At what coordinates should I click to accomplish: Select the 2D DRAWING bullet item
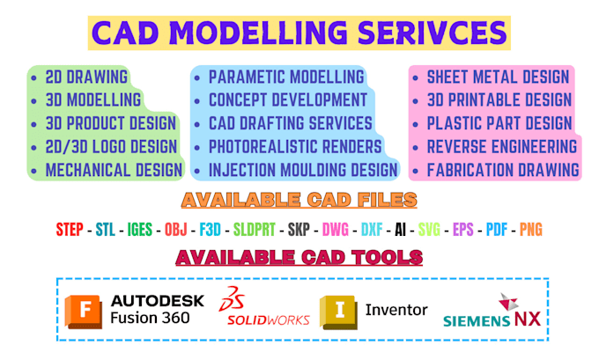tap(86, 77)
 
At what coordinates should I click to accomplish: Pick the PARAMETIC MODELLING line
tap(286, 77)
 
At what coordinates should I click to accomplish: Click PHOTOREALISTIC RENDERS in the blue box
tap(295, 146)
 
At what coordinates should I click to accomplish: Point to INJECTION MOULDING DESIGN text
tap(302, 169)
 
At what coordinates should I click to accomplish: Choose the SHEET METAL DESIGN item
tap(498, 77)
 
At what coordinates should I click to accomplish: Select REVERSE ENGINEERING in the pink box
tap(502, 146)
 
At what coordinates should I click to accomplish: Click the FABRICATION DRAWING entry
tap(503, 169)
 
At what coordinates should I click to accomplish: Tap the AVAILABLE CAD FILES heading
tap(299, 200)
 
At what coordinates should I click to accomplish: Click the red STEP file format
tap(69, 230)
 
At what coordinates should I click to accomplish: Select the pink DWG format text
tap(336, 230)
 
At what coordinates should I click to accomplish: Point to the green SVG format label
tap(429, 230)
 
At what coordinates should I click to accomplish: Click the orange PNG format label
tap(530, 230)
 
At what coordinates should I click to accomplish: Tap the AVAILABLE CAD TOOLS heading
tap(299, 257)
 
